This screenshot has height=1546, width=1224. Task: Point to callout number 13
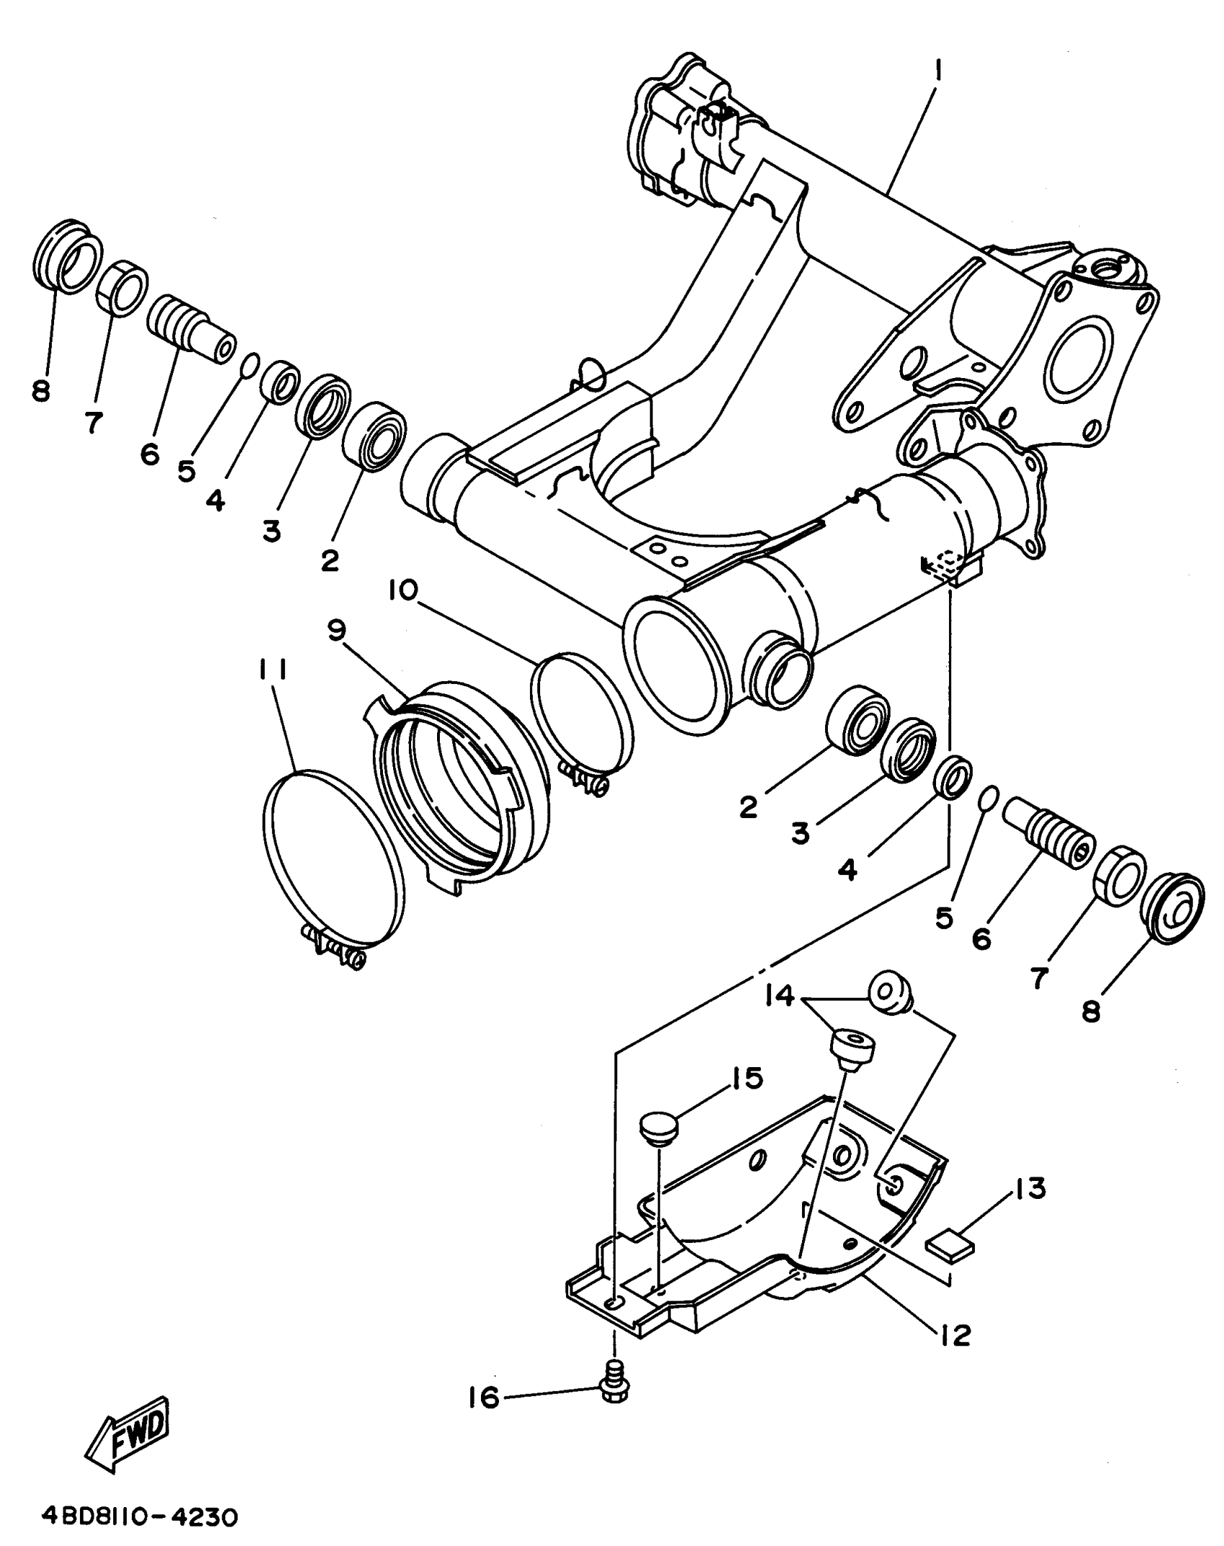[1030, 1189]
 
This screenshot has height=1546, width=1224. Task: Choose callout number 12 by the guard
[955, 1335]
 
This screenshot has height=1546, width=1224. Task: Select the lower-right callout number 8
[1092, 1012]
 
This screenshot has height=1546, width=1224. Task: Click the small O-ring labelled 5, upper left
[247, 365]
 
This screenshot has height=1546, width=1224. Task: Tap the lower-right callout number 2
[749, 808]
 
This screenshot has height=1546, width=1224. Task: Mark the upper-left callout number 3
[271, 531]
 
